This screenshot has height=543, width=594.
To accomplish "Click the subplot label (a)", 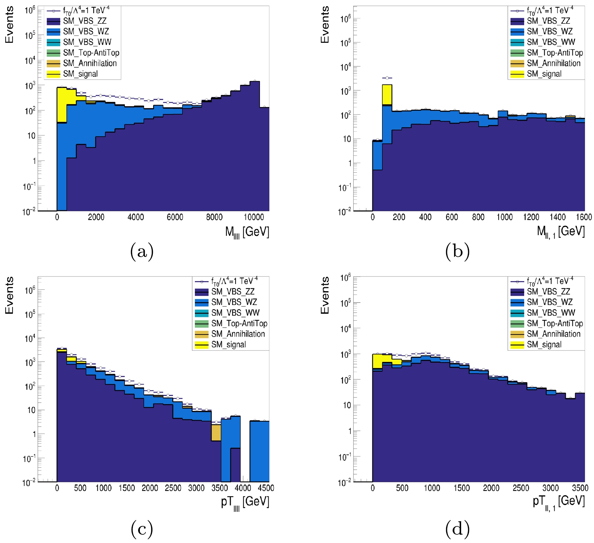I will click(142, 251).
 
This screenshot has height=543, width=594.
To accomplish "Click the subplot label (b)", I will click(457, 251).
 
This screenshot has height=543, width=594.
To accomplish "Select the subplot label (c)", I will click(142, 528).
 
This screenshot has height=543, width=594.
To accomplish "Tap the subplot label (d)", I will click(457, 528).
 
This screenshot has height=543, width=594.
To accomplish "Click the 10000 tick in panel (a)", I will click(253, 217).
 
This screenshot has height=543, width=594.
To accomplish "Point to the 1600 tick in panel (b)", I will click(584, 217).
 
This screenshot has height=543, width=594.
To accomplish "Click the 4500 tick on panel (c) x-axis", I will click(266, 488).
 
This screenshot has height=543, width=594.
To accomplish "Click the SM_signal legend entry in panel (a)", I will click(80, 74).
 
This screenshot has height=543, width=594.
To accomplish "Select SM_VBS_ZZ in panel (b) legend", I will click(548, 21).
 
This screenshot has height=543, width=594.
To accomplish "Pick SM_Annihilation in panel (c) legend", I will click(238, 334).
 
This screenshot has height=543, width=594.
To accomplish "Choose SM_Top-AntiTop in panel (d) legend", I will click(555, 323).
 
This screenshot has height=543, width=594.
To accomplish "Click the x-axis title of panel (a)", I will click(247, 232).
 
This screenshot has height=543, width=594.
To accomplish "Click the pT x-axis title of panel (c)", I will click(245, 502).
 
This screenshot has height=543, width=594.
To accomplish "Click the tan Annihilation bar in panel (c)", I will click(216, 433).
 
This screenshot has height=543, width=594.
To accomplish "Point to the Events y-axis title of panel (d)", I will click(325, 295).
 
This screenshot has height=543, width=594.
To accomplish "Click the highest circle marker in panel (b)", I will click(387, 78).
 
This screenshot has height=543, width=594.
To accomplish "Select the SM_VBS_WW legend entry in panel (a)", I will click(87, 42).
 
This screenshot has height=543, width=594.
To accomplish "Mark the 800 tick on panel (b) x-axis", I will click(478, 217).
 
